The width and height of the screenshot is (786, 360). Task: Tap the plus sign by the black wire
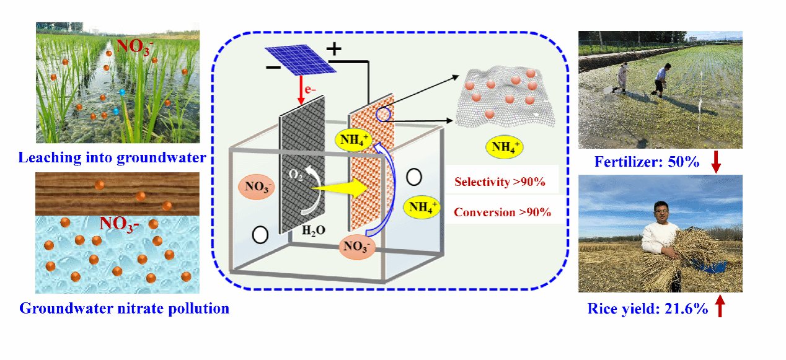click(333, 50)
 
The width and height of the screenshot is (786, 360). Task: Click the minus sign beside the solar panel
click(273, 66)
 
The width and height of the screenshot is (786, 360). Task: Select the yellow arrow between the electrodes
click(337, 183)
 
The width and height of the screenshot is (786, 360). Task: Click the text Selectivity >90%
click(500, 182)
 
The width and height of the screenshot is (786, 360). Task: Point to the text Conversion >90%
click(502, 212)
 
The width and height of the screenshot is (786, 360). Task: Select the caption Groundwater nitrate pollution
click(125, 308)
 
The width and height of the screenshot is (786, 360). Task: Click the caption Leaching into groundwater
click(112, 158)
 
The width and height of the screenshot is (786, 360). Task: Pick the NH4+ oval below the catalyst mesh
click(506, 147)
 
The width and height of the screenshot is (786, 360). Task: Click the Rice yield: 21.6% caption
click(648, 309)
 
